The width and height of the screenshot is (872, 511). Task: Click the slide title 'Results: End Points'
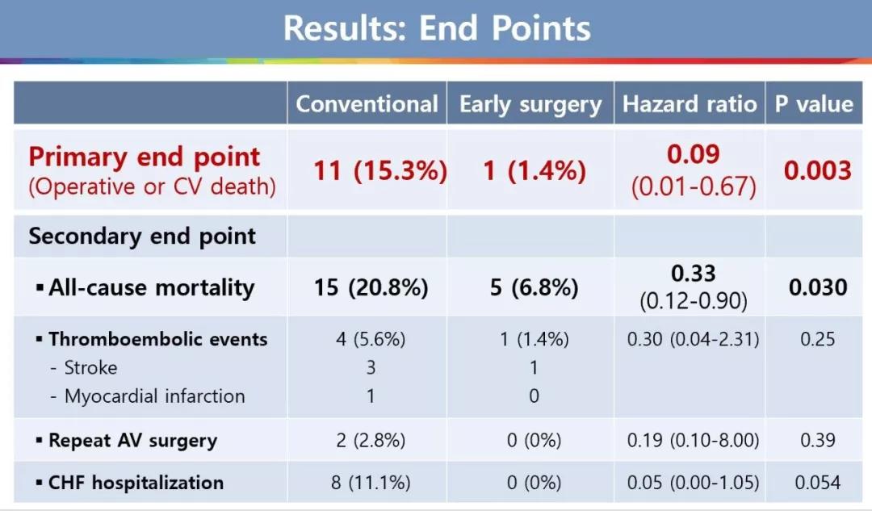click(437, 27)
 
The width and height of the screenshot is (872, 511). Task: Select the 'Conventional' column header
click(367, 104)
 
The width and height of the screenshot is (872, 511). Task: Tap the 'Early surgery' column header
click(530, 104)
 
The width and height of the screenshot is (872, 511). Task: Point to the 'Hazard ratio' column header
click(690, 104)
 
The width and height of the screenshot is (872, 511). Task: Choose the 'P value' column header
click(814, 104)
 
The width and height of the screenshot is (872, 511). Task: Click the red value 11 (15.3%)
click(380, 170)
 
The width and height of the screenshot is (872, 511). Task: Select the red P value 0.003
click(817, 170)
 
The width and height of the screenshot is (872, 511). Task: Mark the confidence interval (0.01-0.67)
click(694, 186)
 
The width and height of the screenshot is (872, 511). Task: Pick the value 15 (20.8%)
click(371, 287)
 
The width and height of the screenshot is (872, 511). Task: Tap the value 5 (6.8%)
click(534, 287)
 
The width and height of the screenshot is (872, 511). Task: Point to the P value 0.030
click(817, 287)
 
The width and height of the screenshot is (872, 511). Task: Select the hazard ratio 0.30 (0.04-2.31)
click(693, 339)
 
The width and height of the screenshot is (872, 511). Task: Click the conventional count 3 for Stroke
click(371, 367)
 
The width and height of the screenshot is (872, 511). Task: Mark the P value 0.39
click(817, 441)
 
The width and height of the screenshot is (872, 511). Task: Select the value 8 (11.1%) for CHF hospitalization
click(371, 483)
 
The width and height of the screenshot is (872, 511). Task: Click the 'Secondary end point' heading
click(142, 237)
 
